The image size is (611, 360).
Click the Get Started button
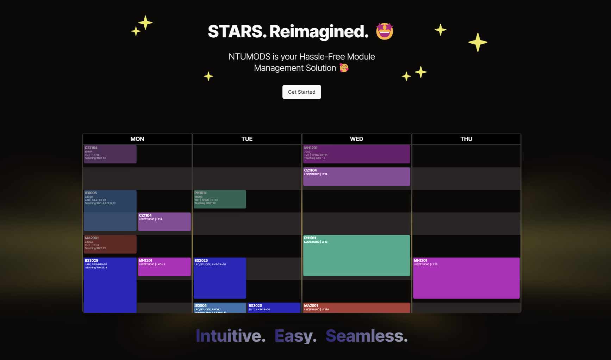coord(301,92)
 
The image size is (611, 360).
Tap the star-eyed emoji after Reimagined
coord(384,31)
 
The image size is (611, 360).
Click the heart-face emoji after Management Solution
coord(344,68)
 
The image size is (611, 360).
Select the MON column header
coord(137,139)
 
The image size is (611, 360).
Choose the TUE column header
coord(247,139)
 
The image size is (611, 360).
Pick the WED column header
coord(356,139)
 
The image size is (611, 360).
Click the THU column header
coord(466,139)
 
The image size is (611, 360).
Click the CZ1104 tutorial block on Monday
coord(110,154)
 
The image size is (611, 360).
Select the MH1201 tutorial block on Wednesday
coord(356,154)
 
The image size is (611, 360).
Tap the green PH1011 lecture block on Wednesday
coord(356,255)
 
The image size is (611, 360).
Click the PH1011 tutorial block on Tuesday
coord(220,199)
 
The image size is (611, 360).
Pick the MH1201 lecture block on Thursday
coord(466,278)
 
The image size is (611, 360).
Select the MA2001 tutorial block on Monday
coord(110,244)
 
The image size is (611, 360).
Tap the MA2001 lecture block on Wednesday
coord(356,308)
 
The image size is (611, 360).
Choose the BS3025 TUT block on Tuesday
coord(273,308)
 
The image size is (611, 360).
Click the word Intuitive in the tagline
coord(230,336)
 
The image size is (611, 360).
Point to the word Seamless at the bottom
coord(366,336)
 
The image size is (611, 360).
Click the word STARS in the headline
coord(237,31)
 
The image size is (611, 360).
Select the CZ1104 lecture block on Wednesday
coord(356,176)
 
